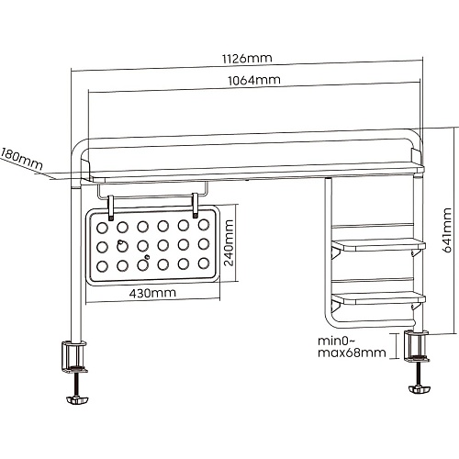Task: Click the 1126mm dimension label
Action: (247, 59)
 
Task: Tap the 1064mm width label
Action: (254, 81)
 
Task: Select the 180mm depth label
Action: (21, 159)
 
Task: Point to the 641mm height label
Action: (447, 230)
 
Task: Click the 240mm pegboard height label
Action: (229, 242)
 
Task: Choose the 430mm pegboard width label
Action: (152, 293)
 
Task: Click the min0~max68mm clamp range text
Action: (352, 347)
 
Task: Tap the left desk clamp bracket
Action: (74, 356)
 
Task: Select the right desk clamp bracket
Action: (417, 346)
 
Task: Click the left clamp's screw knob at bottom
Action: (77, 400)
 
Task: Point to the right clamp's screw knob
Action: (420, 389)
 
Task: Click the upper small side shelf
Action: (379, 245)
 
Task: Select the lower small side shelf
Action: (379, 298)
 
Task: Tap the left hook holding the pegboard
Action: (111, 208)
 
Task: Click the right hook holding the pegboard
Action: (195, 206)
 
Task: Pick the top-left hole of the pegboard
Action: (102, 228)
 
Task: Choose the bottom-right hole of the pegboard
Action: (204, 263)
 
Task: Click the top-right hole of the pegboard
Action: (204, 225)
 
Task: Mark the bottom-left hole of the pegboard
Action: (102, 266)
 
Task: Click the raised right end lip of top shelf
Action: (417, 156)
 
